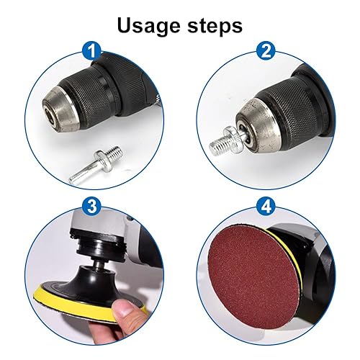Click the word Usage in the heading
[x=148, y=25]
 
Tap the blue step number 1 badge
[x=92, y=50]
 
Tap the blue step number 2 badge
[x=266, y=50]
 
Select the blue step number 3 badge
[x=92, y=207]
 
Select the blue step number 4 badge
[x=266, y=207]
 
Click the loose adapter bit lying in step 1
[x=96, y=166]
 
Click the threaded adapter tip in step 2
[x=218, y=146]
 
